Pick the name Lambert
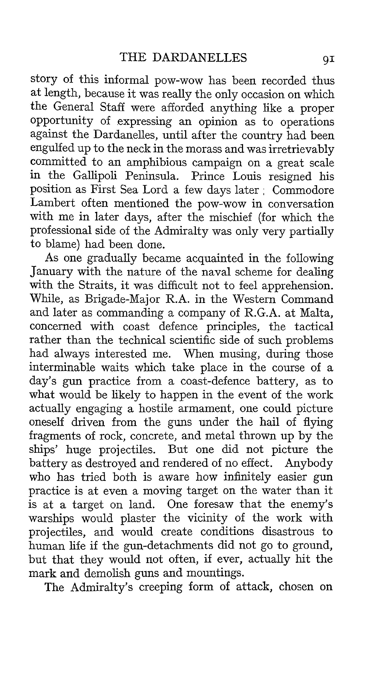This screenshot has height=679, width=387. (x=52, y=203)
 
